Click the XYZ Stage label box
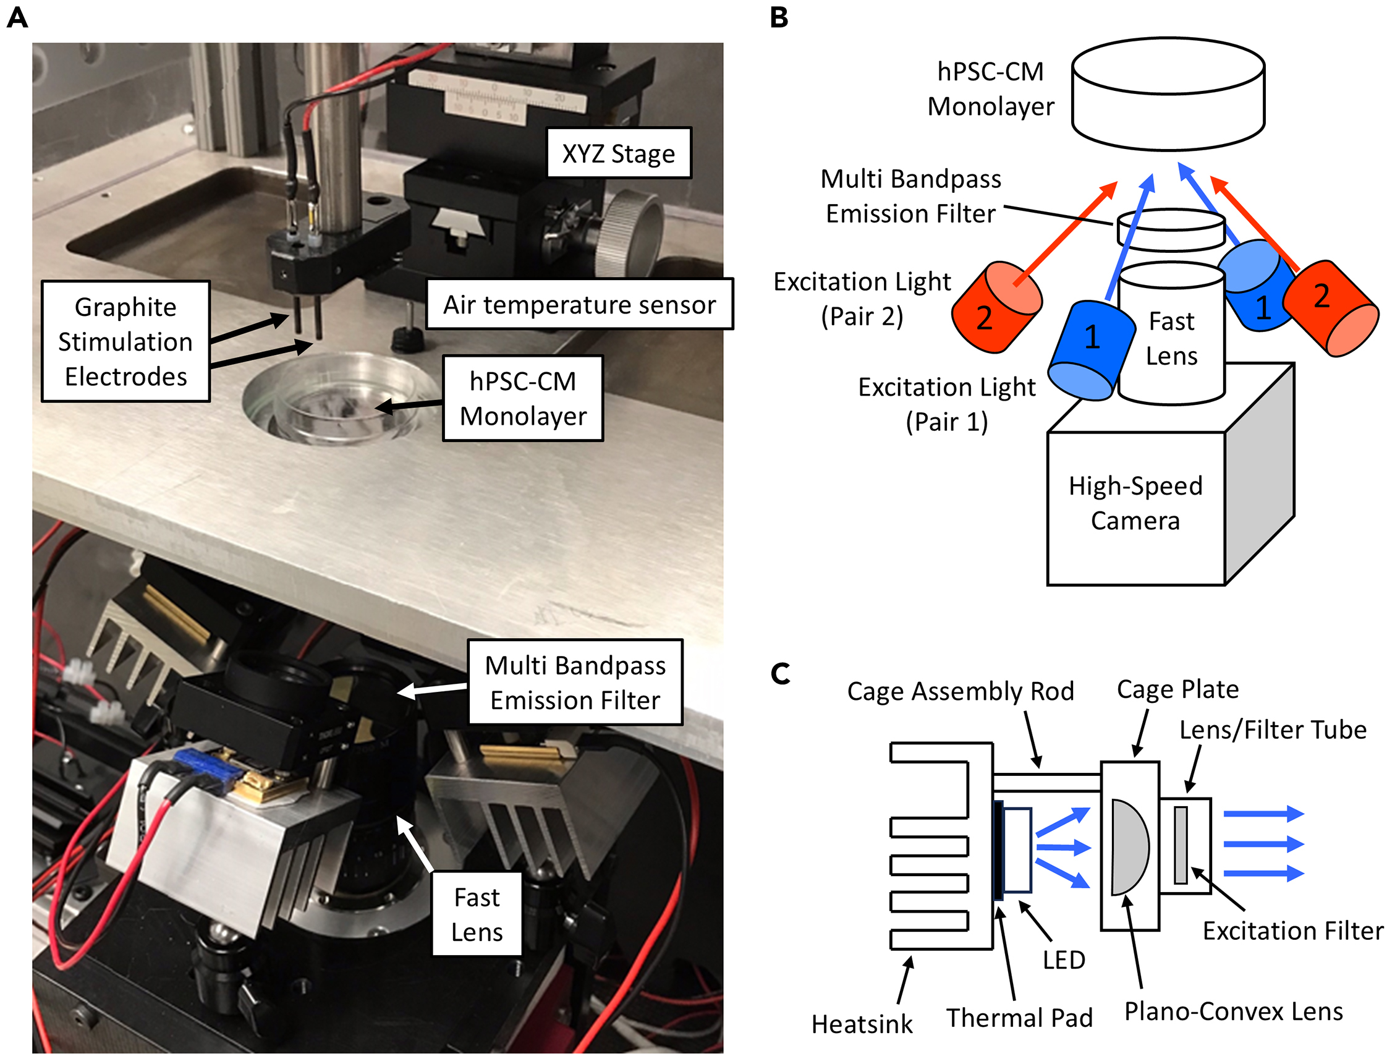pos(617,153)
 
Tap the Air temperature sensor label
pos(579,305)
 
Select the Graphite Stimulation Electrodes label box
pos(125,341)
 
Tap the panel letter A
pos(17,17)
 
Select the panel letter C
pos(780,674)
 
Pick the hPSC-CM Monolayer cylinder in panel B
pos(1167,94)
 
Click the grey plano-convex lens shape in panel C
pos(1128,846)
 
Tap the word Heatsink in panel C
pos(861,1024)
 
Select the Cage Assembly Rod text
pos(960,691)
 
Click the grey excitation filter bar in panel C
pos(1179,845)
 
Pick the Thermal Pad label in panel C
pos(1019,1018)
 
